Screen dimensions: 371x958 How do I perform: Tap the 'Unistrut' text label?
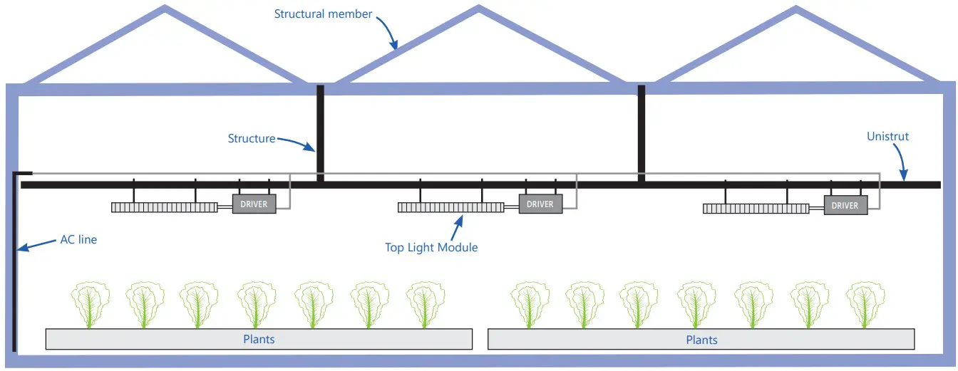click(887, 136)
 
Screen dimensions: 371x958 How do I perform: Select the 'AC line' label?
click(78, 240)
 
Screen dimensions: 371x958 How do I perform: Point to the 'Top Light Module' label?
click(431, 247)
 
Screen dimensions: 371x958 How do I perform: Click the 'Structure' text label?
click(251, 138)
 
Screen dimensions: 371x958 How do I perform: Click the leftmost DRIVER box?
click(254, 204)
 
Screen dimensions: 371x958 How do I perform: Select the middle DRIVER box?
click(540, 204)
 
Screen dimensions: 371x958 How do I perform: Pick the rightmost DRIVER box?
click(845, 205)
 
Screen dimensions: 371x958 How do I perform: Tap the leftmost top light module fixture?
click(165, 208)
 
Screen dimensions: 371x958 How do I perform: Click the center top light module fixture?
click(450, 208)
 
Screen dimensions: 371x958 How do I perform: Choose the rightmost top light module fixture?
click(756, 209)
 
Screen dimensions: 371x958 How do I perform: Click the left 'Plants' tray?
click(259, 339)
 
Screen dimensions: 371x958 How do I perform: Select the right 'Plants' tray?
click(701, 340)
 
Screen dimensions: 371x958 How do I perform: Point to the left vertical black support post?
click(320, 132)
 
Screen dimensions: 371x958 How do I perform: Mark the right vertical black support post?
click(642, 132)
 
